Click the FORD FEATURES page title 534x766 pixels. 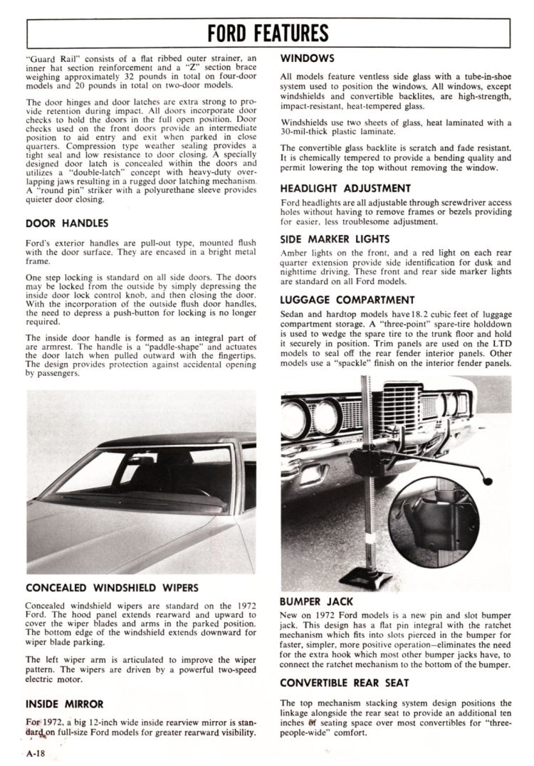coord(268,33)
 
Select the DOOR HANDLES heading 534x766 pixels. coord(66,223)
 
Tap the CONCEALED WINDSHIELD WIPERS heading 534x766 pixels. coord(111,588)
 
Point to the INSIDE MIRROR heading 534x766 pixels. coord(64,704)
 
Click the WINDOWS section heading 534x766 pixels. coord(307,57)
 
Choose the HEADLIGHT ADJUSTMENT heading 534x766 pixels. coord(345,189)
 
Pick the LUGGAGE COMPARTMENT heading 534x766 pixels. coord(347,300)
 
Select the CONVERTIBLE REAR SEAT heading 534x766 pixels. coord(345,682)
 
